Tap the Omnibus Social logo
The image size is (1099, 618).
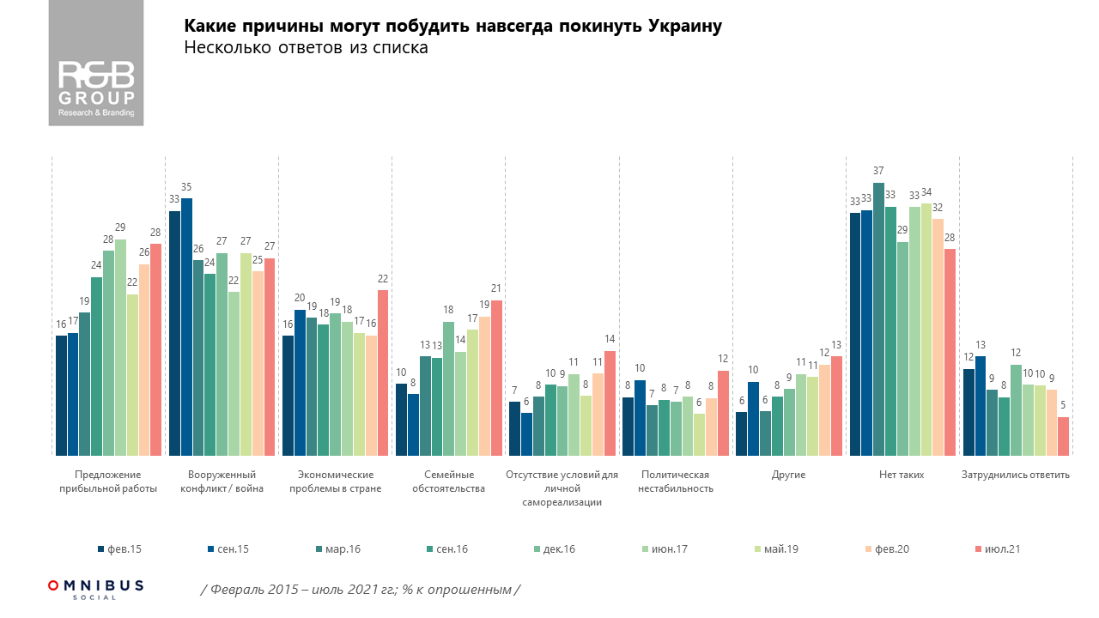(96, 588)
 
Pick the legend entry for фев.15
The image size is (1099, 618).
(120, 549)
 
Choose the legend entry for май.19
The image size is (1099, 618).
(777, 549)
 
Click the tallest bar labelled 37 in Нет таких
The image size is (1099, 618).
(878, 318)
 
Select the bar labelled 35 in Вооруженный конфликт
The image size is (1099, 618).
(187, 326)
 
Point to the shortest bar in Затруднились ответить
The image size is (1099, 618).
(1063, 436)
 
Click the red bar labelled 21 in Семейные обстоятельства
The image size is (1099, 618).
(496, 378)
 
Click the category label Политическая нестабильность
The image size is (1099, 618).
(675, 482)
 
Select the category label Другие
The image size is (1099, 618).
(789, 475)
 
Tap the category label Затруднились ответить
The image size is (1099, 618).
(1017, 475)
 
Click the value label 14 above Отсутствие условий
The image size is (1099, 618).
(610, 339)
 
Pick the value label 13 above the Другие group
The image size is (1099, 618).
(836, 344)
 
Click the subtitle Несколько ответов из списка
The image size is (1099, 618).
(306, 49)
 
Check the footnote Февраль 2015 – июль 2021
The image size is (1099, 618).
(361, 590)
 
